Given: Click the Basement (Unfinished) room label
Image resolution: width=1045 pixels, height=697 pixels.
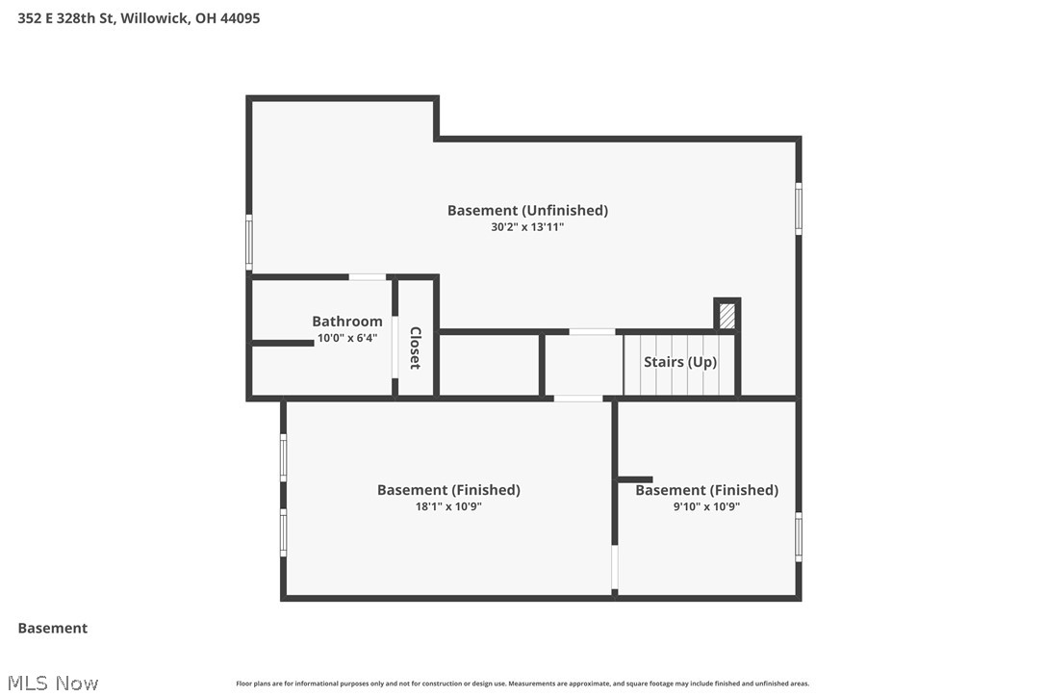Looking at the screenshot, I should click(x=527, y=210).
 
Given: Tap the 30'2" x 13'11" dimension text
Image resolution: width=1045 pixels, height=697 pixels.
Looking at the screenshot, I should click(x=527, y=227).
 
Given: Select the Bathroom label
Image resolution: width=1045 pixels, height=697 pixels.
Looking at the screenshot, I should click(x=346, y=322).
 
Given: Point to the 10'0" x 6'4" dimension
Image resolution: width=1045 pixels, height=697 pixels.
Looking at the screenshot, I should click(x=346, y=338).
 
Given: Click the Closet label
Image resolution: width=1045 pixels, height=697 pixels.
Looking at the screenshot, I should click(x=416, y=348).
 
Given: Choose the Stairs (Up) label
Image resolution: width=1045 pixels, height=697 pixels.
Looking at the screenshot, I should click(x=680, y=362).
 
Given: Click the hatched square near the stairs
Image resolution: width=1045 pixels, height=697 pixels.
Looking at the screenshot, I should click(x=727, y=316).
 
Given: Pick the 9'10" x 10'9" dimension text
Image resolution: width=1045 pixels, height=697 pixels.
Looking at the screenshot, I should click(x=706, y=506).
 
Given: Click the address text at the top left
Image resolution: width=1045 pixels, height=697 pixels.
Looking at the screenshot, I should click(x=139, y=17).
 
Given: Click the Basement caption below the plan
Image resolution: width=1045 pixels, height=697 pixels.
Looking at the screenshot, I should click(x=53, y=628).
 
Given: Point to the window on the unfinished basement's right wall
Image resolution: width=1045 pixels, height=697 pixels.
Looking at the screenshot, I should click(x=798, y=209).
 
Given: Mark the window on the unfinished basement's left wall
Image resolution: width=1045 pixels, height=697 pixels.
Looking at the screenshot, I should click(x=249, y=243).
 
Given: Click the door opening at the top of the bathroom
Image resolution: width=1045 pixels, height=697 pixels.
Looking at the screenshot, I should click(x=368, y=277).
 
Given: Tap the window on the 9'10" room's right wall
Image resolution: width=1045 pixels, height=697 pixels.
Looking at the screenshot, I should click(x=798, y=537).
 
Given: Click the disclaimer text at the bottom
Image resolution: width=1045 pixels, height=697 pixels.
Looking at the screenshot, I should click(x=522, y=684).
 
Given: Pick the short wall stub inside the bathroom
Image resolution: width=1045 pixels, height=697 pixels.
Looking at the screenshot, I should click(x=283, y=343).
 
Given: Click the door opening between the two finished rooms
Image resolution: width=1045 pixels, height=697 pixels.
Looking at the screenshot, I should click(x=615, y=568).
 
